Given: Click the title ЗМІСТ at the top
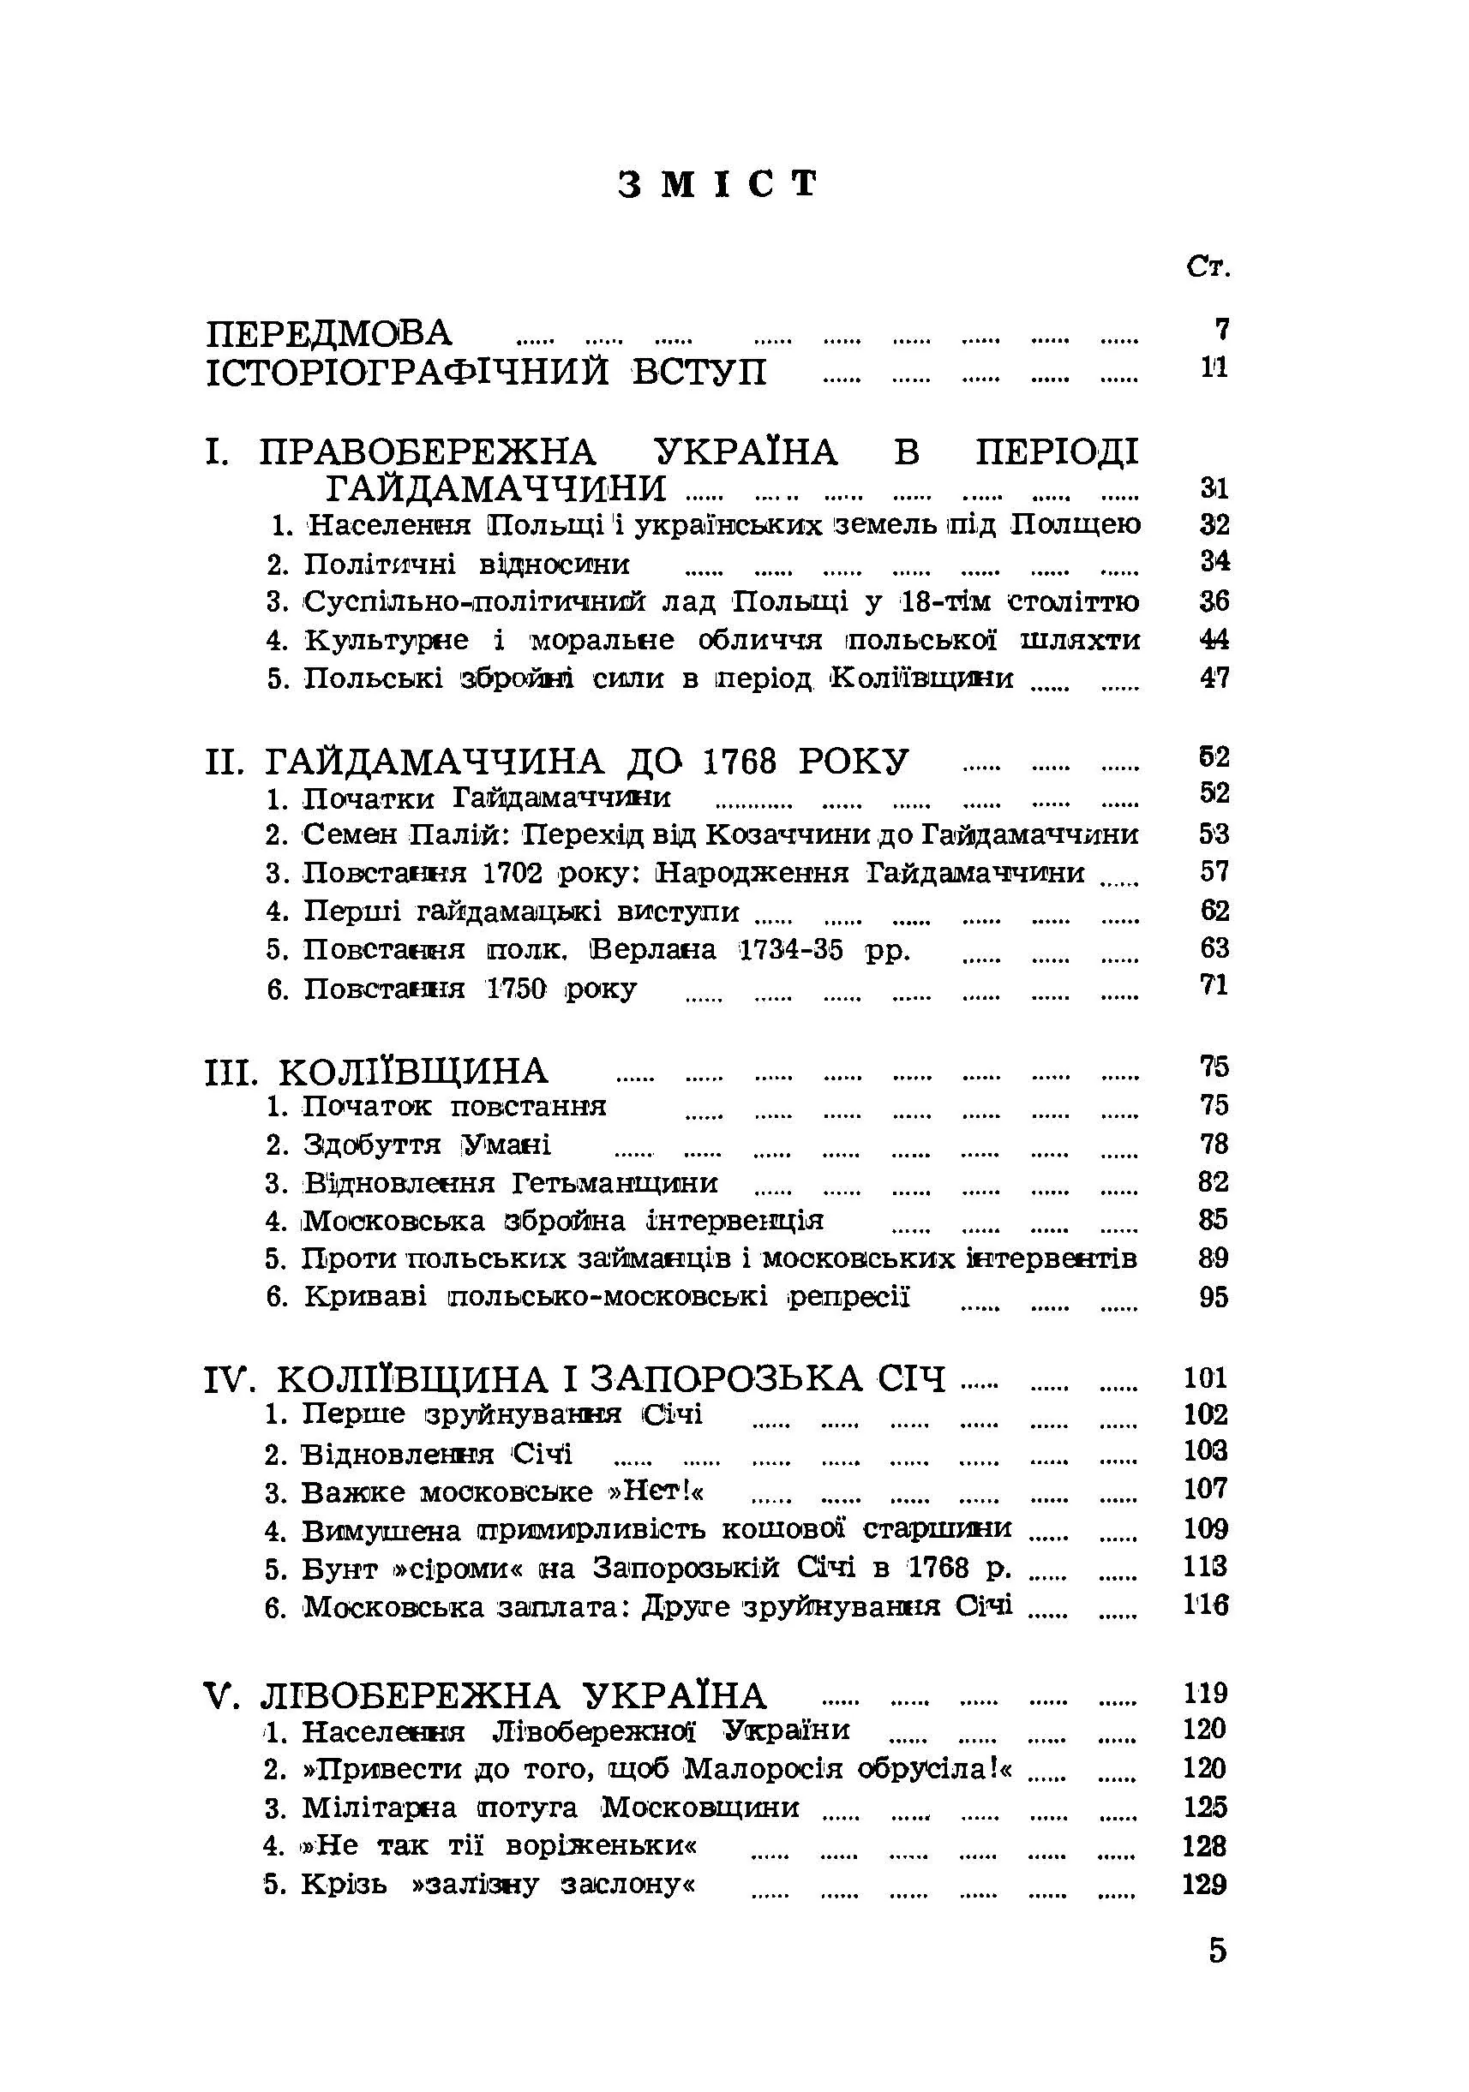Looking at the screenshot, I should click(x=718, y=184).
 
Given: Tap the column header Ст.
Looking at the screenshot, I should click(x=1208, y=267).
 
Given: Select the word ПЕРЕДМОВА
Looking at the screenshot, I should click(x=329, y=333).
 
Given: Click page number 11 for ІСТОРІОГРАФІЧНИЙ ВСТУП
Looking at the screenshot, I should click(x=1214, y=368).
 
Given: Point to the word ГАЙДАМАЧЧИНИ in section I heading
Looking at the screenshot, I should click(x=495, y=489).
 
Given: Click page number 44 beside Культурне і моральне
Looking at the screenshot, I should click(x=1214, y=639).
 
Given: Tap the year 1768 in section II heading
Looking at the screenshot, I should click(x=739, y=761).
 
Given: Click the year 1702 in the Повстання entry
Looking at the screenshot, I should click(x=513, y=872).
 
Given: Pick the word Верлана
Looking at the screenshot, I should click(x=652, y=949).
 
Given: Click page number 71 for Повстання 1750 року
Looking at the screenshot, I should click(x=1214, y=985).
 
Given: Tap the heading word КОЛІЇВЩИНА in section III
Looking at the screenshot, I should click(x=413, y=1072).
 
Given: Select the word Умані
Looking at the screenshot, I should click(x=506, y=1145).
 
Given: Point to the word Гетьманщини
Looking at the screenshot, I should click(x=615, y=1183).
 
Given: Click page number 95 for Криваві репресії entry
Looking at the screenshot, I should click(x=1214, y=1296).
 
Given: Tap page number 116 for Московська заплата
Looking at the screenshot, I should click(x=1207, y=1605).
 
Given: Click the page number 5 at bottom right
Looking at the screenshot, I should click(x=1218, y=1951).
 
